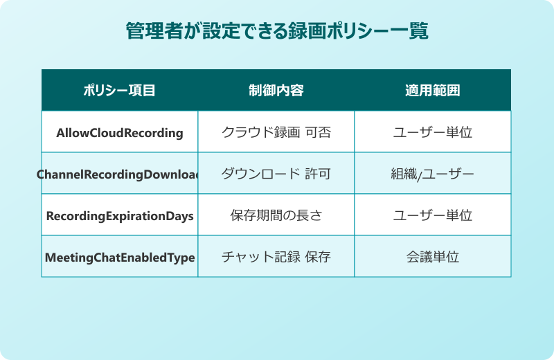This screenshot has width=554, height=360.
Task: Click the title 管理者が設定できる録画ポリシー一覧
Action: click(x=276, y=31)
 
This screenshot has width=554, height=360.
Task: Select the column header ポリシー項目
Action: click(x=119, y=91)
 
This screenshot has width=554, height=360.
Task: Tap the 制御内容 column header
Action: click(x=276, y=91)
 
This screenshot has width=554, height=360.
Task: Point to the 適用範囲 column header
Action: click(x=432, y=91)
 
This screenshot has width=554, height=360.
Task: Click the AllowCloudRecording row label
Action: click(x=119, y=132)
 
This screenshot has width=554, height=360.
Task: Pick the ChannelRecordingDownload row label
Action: click(x=119, y=174)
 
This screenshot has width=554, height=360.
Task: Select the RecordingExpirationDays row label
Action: click(x=119, y=215)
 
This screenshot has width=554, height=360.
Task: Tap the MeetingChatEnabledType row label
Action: click(x=119, y=257)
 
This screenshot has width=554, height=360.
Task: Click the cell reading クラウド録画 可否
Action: click(x=276, y=132)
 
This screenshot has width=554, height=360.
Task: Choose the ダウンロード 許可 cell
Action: click(x=276, y=174)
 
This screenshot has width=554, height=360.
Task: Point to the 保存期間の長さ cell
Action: click(x=276, y=215)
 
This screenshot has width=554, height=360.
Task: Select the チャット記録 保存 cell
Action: click(x=276, y=257)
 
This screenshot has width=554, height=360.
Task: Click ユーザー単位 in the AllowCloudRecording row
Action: click(x=432, y=132)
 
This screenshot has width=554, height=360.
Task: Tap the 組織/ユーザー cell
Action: click(x=432, y=174)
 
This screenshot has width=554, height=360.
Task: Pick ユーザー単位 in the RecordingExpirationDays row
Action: click(x=432, y=215)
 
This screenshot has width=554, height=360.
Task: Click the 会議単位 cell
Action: click(x=432, y=257)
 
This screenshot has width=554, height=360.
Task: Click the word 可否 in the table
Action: click(x=318, y=132)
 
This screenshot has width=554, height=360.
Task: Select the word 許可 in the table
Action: click(x=318, y=174)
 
